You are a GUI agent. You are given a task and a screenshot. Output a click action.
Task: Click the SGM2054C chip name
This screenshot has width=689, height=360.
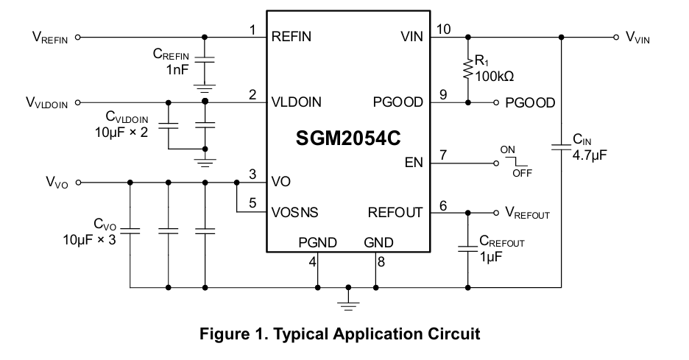click(x=348, y=138)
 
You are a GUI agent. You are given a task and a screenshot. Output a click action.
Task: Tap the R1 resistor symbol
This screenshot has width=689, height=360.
click(x=468, y=69)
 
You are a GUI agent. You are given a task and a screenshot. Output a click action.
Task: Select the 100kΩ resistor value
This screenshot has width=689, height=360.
click(x=495, y=77)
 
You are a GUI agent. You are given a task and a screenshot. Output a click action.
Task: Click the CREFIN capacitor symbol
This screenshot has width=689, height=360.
click(x=205, y=60)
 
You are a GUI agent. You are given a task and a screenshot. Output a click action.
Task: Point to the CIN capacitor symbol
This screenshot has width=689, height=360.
click(x=561, y=147)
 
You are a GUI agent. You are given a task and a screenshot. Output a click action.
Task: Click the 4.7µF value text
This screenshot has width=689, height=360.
click(x=589, y=155)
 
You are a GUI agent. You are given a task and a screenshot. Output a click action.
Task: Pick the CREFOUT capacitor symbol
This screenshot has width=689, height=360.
click(x=468, y=249)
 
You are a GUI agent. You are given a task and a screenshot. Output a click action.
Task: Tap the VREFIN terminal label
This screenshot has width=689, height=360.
click(x=50, y=37)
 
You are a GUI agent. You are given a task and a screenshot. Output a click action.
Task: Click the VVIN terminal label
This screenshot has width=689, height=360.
click(x=637, y=37)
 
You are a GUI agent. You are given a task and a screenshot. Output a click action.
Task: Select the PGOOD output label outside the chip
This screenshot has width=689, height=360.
click(x=531, y=103)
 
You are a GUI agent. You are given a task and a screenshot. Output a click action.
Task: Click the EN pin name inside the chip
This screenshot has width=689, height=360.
click(x=414, y=163)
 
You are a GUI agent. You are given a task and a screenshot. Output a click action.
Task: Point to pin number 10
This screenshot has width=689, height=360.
click(x=443, y=29)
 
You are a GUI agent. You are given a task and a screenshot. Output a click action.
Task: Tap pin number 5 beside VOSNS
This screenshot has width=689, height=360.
click(x=252, y=202)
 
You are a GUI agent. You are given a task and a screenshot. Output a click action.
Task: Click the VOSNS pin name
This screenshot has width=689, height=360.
click(x=295, y=213)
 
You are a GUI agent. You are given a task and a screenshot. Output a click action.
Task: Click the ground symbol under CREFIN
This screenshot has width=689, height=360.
click(x=205, y=88)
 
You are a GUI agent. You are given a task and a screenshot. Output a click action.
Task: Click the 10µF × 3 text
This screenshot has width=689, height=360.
click(x=90, y=240)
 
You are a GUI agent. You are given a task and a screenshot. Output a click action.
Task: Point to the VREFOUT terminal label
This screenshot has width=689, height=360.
click(x=527, y=213)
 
